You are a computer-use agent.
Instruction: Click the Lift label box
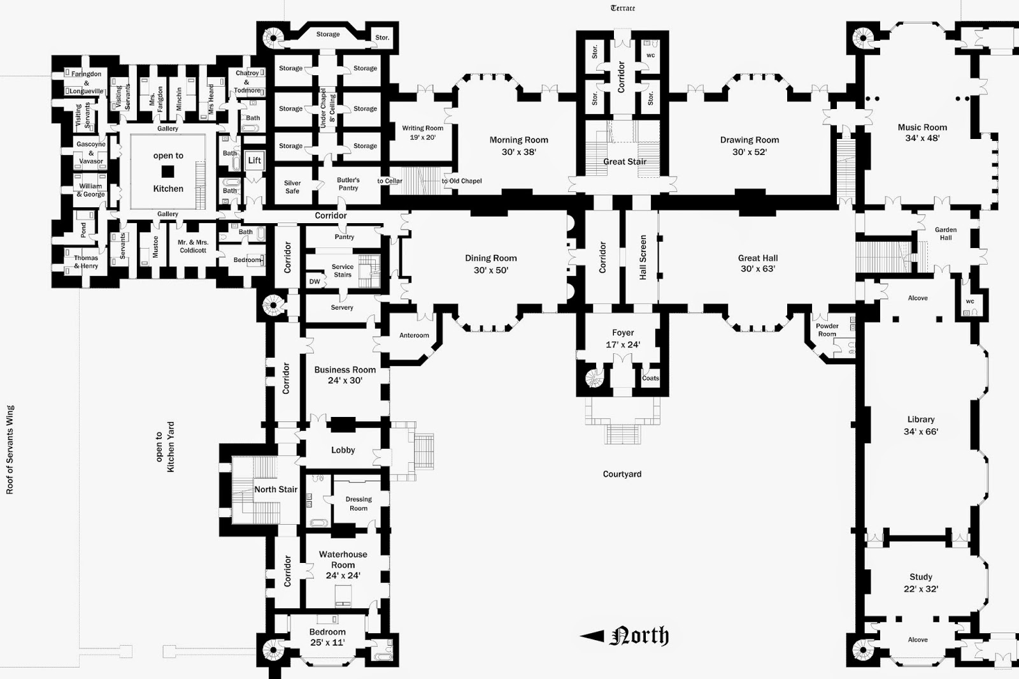tap(254, 160)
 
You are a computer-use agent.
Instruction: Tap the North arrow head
tap(592, 636)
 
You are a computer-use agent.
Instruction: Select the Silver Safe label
tap(292, 187)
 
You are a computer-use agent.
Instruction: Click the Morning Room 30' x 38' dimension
tap(518, 152)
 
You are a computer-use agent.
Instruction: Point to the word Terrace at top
tap(623, 8)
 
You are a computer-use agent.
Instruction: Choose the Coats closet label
tap(650, 378)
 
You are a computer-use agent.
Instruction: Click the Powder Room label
tap(827, 330)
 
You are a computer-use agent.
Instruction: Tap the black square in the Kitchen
tap(168, 172)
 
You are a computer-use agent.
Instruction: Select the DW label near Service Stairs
tap(315, 281)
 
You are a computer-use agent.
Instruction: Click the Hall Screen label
tap(643, 258)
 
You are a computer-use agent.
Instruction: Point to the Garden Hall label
tap(946, 233)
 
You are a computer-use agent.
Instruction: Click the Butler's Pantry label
tap(348, 184)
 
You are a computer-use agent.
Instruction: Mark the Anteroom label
tap(414, 335)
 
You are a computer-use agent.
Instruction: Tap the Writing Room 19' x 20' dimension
tap(423, 137)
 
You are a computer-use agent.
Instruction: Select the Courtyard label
tap(622, 474)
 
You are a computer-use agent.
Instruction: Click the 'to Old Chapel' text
tap(462, 181)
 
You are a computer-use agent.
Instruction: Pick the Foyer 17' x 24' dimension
tap(623, 345)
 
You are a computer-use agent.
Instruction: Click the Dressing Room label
tap(359, 504)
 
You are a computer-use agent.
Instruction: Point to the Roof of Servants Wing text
tap(10, 450)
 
